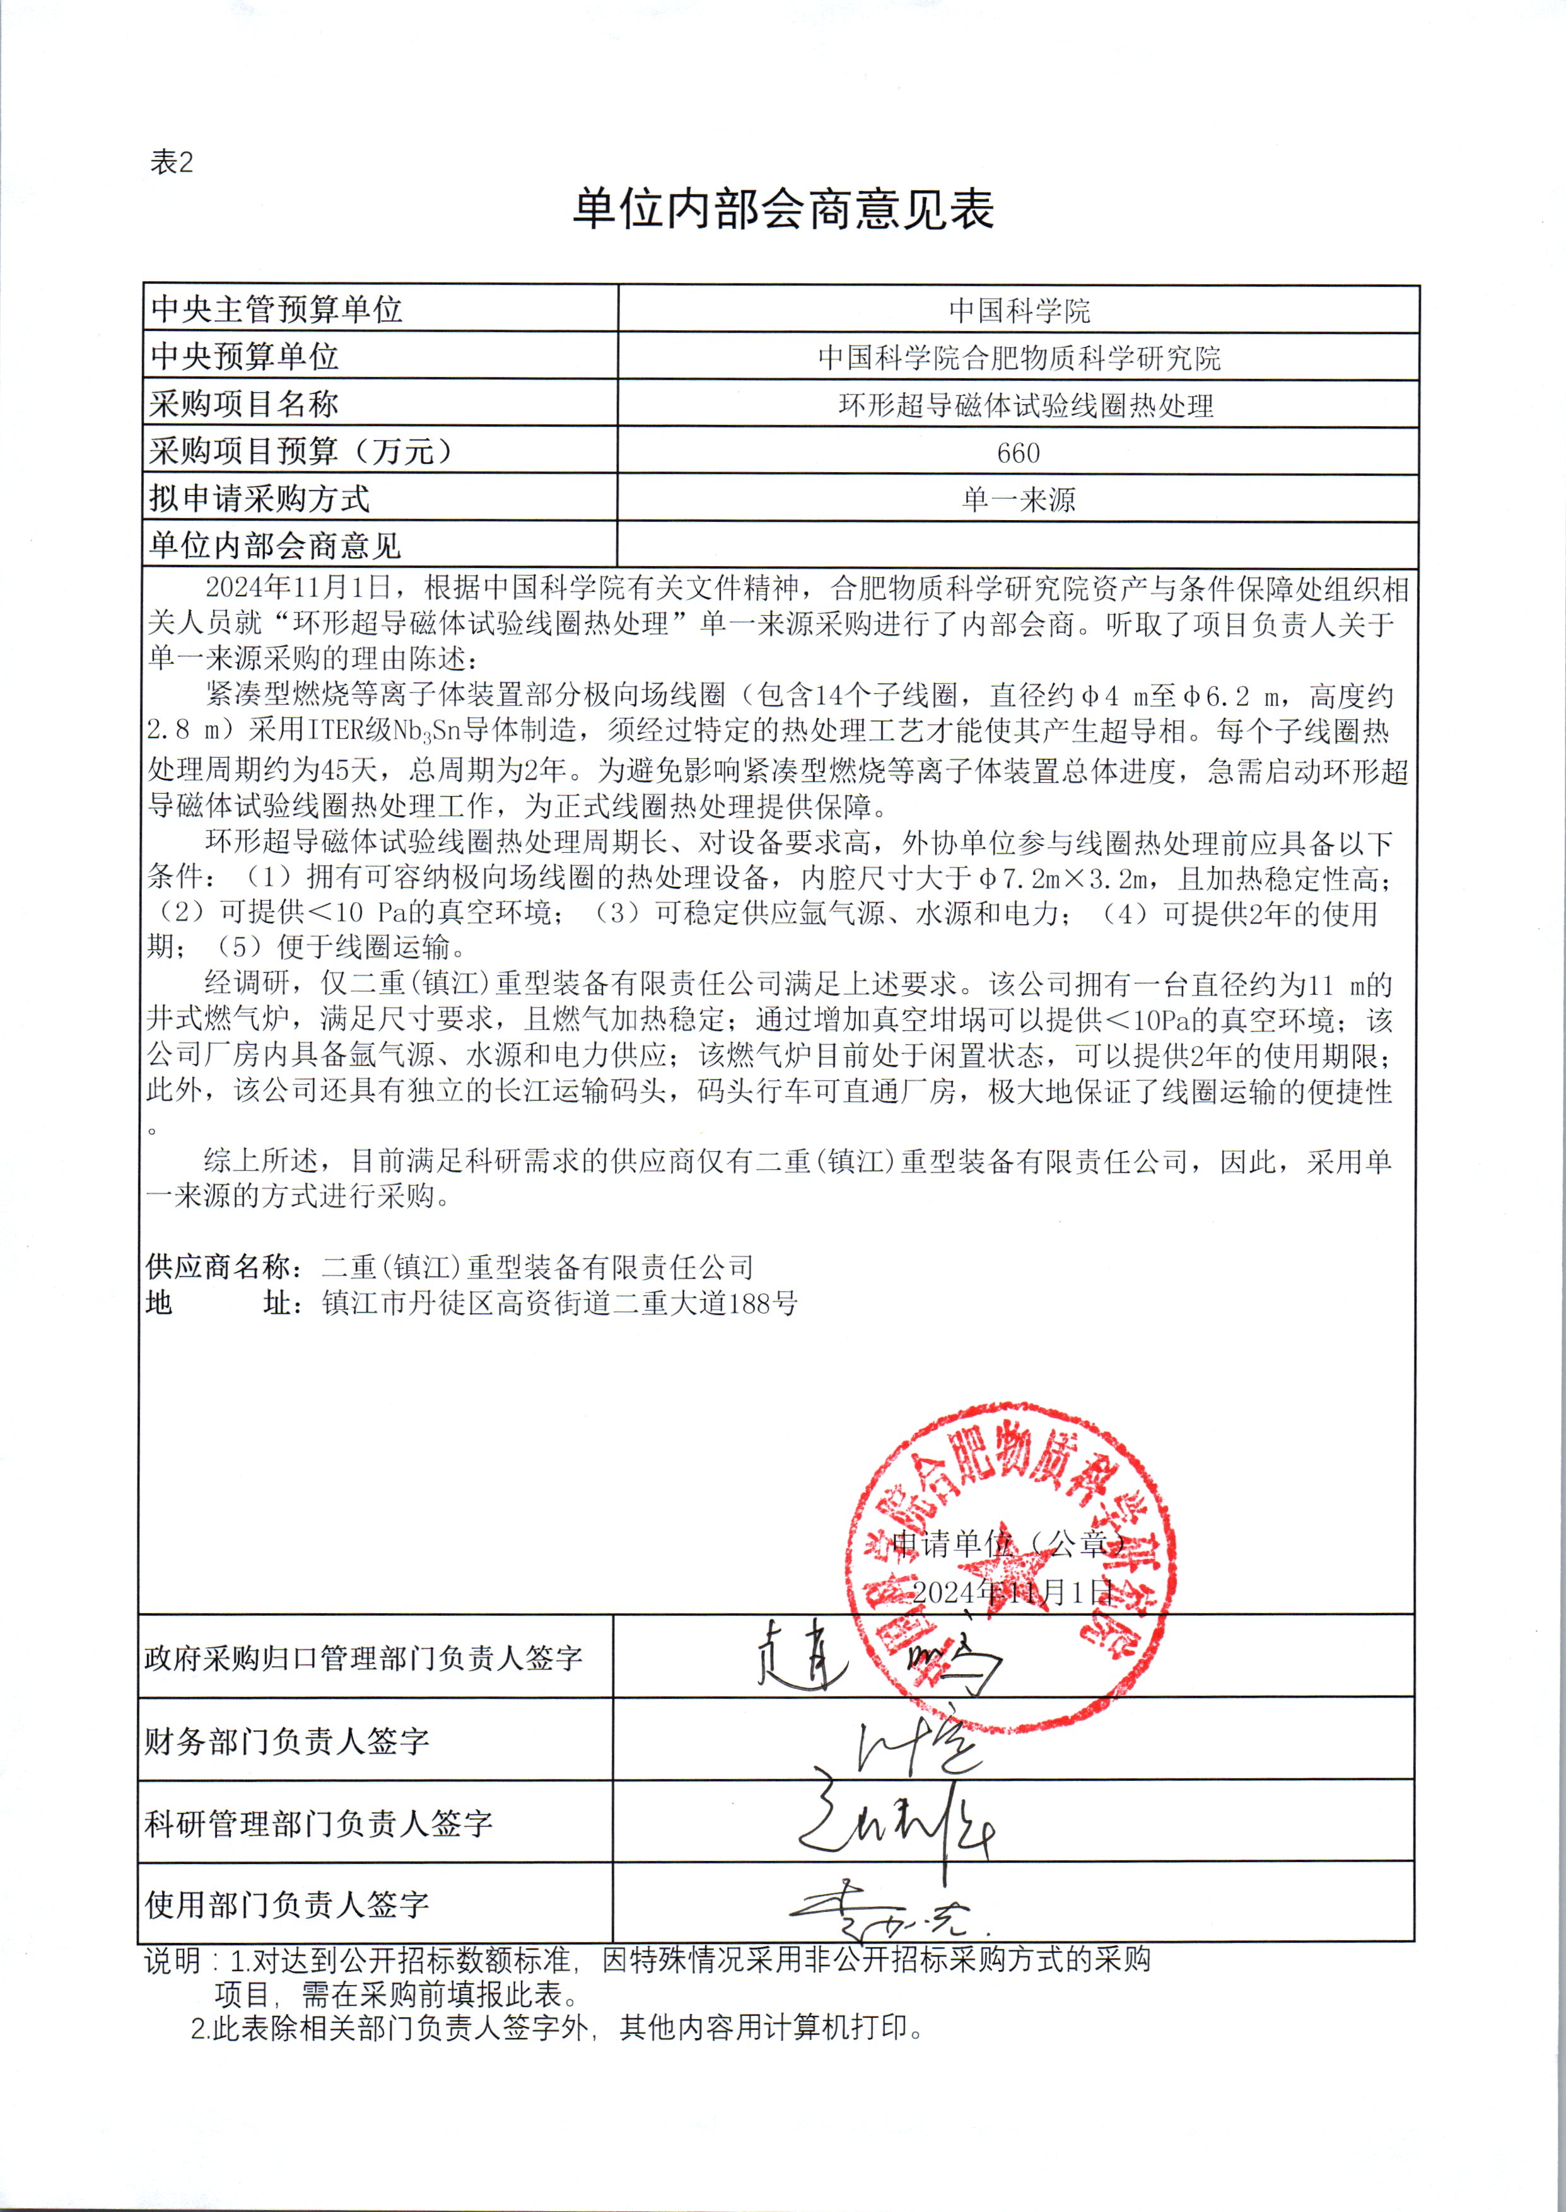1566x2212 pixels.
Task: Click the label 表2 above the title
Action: [172, 163]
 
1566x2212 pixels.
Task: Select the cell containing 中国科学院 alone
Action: [1019, 310]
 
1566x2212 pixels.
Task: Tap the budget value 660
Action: [1019, 452]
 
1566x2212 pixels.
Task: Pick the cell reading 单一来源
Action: [1019, 499]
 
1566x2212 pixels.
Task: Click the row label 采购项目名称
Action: [244, 404]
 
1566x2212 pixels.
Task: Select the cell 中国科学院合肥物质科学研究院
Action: [1019, 357]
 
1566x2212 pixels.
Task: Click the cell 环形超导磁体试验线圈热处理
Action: [1025, 405]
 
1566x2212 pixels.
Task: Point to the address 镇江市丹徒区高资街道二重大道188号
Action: [559, 1303]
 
